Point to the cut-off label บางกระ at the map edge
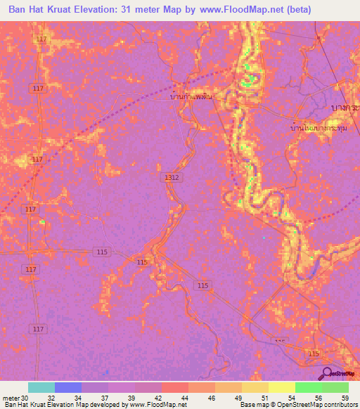coord(345,106)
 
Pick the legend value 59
coord(345,398)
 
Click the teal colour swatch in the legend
coord(41,387)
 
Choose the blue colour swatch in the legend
coord(68,387)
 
